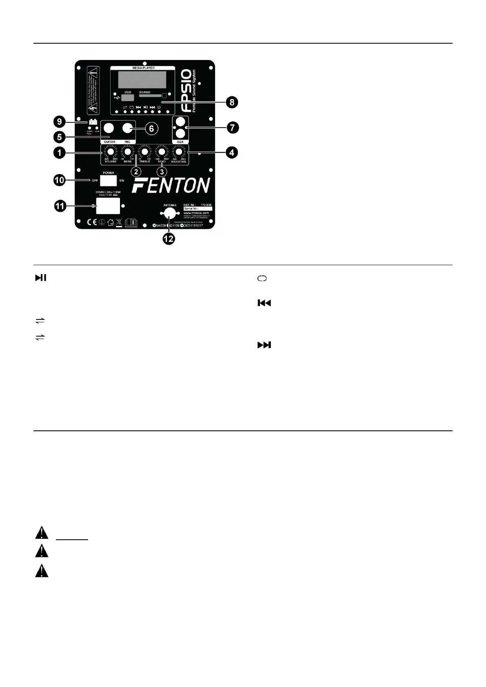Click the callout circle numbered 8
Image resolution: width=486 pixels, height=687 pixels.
tap(232, 102)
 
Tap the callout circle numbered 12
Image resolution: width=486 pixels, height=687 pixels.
tap(169, 239)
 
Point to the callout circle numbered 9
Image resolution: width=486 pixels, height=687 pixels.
tap(60, 121)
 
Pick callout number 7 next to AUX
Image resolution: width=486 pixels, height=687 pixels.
tap(232, 127)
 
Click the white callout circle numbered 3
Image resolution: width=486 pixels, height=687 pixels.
tap(162, 172)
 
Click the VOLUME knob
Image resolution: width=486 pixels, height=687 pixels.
tap(110, 152)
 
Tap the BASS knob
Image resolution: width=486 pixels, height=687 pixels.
tap(128, 152)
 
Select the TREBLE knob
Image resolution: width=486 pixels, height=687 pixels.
tap(144, 152)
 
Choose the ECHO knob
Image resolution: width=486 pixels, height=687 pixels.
tap(162, 152)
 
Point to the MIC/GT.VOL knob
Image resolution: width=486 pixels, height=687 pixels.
tap(179, 152)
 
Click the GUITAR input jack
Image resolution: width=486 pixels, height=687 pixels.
tap(109, 129)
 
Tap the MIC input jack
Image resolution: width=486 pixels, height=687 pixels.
tap(128, 129)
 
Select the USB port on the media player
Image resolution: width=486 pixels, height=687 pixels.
tap(128, 98)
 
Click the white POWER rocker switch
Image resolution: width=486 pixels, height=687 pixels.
tap(109, 180)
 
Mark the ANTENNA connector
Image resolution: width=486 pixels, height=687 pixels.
tap(169, 213)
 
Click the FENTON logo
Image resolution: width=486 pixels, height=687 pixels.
tap(171, 186)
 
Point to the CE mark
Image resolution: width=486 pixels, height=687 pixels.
tap(92, 222)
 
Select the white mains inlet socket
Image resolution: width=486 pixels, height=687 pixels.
tap(108, 206)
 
